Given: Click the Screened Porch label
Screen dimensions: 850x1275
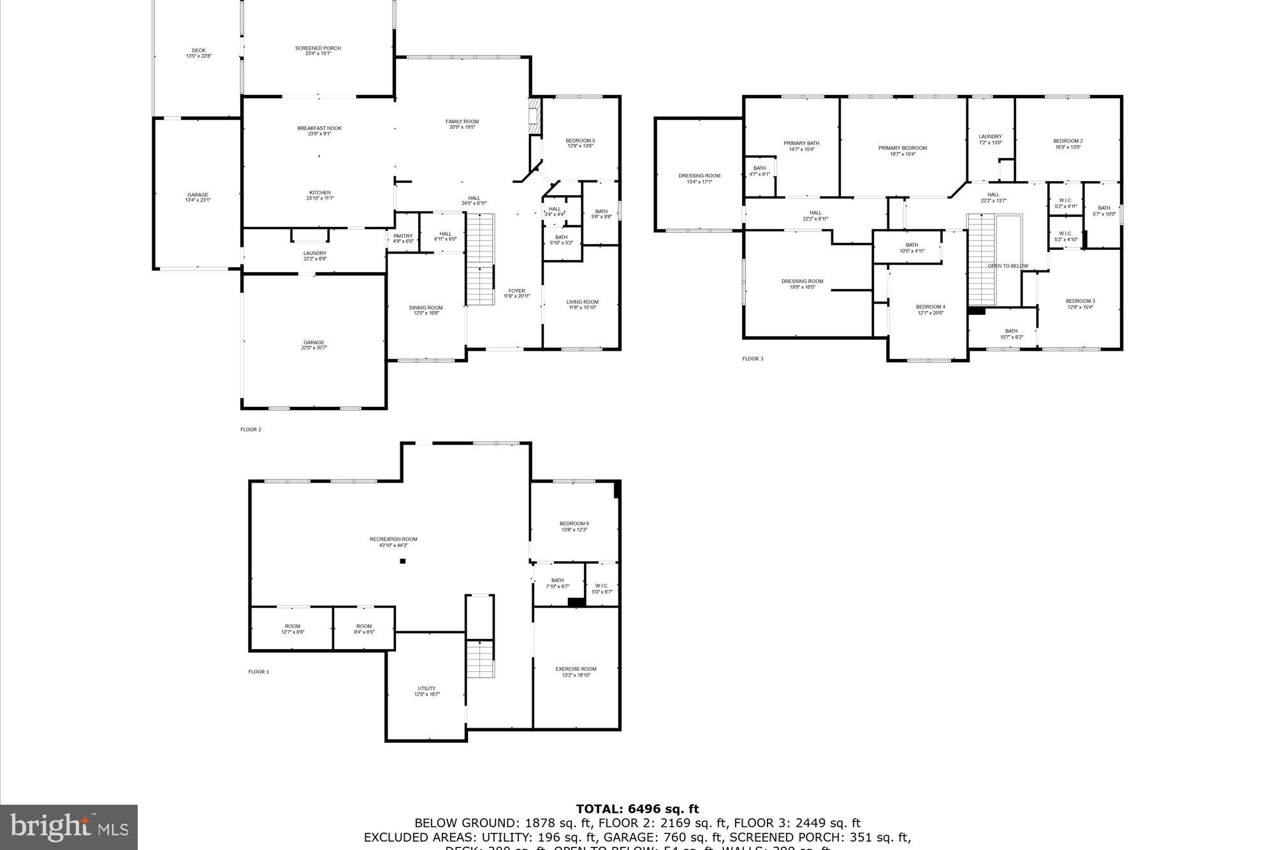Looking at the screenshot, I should (317, 48).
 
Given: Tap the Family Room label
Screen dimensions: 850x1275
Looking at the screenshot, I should (462, 122).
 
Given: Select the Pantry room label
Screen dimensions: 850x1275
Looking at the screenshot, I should (403, 237).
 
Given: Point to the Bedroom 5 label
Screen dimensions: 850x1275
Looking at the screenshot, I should (580, 141).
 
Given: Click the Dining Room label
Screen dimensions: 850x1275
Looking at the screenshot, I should (425, 308).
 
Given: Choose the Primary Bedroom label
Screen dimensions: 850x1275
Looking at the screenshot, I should (902, 148).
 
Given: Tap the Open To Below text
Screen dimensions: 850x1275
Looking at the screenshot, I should (1008, 266).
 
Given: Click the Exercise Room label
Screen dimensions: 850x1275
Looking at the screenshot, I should (576, 669).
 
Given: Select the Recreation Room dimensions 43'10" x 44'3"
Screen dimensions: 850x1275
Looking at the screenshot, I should (393, 545).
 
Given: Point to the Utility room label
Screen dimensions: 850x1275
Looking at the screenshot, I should (426, 689).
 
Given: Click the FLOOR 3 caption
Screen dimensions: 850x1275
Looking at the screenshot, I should (752, 359).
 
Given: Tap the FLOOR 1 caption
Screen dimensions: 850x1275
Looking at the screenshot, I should (259, 671).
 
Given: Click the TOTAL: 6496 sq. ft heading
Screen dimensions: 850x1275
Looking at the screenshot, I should (637, 809).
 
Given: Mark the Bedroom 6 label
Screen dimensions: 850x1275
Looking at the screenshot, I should (574, 524).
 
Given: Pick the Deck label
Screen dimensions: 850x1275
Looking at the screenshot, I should (198, 51).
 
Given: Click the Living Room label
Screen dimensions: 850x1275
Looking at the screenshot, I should (582, 302).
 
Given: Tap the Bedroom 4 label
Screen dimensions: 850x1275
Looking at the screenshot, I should (930, 307).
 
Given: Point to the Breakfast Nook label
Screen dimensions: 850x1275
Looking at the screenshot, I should (319, 128).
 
